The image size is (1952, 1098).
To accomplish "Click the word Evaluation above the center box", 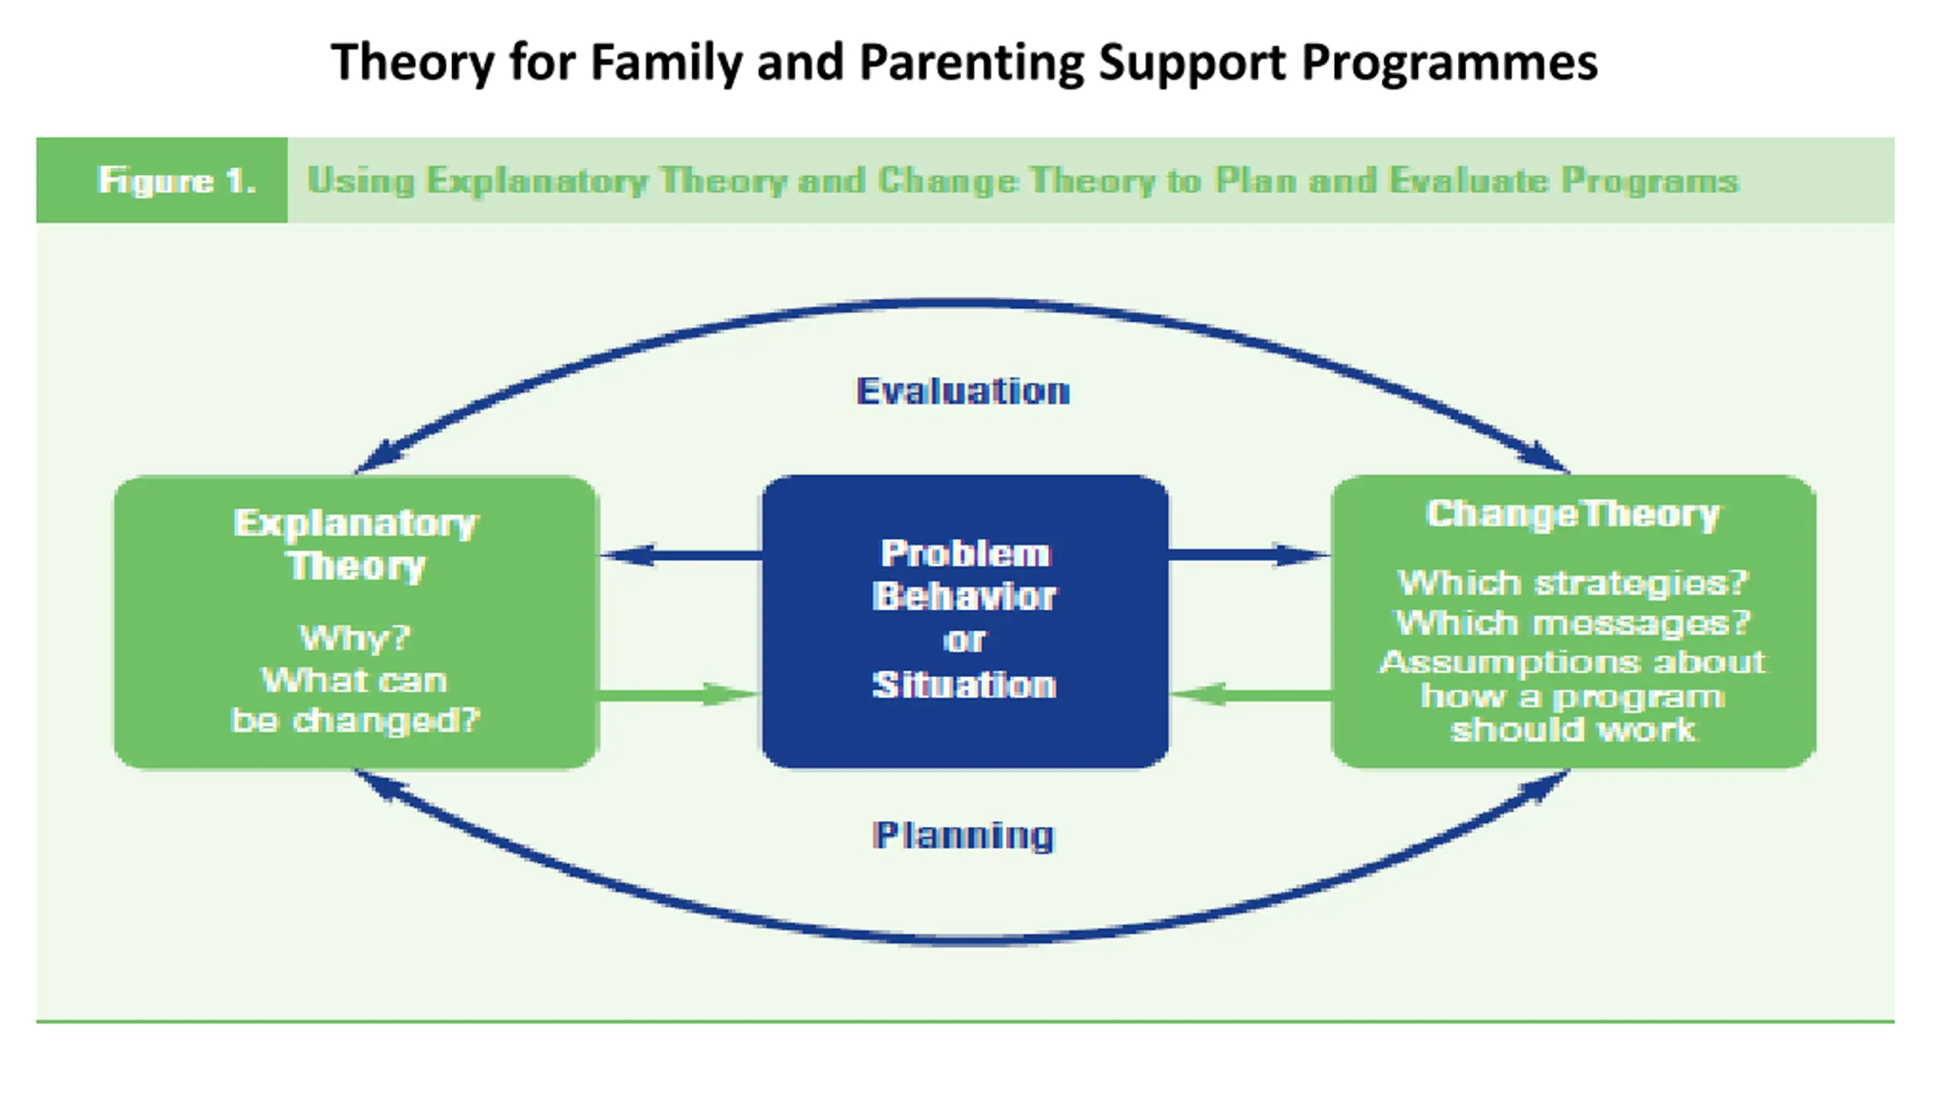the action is pos(963,392).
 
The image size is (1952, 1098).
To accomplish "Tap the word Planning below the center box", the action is pos(964,836).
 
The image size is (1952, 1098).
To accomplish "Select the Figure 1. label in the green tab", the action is pos(176,181).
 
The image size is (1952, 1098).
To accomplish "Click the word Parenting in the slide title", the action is pos(971,63).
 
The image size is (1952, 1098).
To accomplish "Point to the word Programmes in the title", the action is pos(1450,63).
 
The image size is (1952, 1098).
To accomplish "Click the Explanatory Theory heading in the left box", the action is pos(356,544).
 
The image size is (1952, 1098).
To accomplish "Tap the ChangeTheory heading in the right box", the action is pos(1573,515).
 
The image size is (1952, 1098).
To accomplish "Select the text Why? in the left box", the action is pos(355,638).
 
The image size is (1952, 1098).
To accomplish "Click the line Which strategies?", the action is pos(1572,583).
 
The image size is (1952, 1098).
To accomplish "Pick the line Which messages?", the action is pos(1572,623).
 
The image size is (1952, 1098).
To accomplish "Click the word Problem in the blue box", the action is pos(965,554).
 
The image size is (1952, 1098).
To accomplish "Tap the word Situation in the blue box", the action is pos(965,685).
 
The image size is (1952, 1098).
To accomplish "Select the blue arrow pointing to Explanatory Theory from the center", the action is pos(681,555).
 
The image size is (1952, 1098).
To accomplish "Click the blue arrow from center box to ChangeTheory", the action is pos(1249,555).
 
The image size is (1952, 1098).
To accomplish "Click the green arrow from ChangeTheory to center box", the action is pos(1250,695).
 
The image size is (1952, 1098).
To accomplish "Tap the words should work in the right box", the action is pos(1573,730).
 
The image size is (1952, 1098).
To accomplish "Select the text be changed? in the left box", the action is pos(355,721).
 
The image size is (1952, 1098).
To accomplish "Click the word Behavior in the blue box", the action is pos(965,596).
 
